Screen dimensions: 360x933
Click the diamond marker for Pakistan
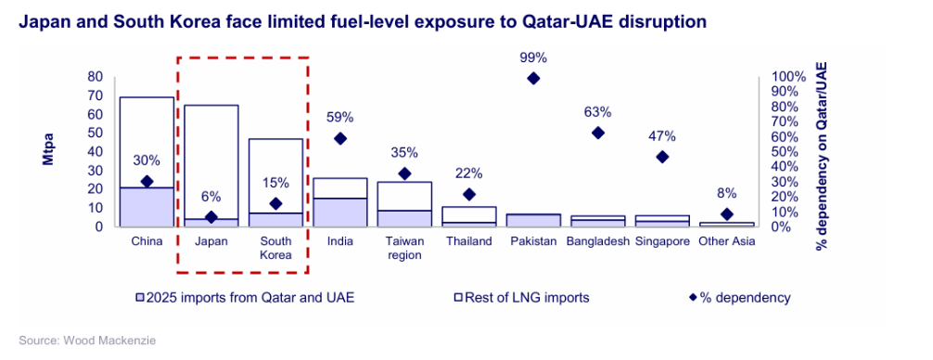click(532, 79)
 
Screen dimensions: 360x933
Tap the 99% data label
click(532, 57)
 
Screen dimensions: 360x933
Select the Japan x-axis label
click(211, 241)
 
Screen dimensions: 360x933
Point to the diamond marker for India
click(339, 138)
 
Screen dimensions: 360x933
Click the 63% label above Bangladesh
click(597, 111)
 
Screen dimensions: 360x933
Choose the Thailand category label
click(468, 241)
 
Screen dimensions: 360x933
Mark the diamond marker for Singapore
click(661, 157)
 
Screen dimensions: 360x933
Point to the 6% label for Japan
click(211, 197)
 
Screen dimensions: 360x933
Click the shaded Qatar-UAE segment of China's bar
click(147, 206)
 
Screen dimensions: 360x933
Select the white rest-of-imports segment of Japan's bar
click(211, 158)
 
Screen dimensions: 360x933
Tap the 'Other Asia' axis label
click(726, 241)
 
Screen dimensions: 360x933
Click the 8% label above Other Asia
click(726, 193)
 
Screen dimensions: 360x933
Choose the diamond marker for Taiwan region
click(403, 174)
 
